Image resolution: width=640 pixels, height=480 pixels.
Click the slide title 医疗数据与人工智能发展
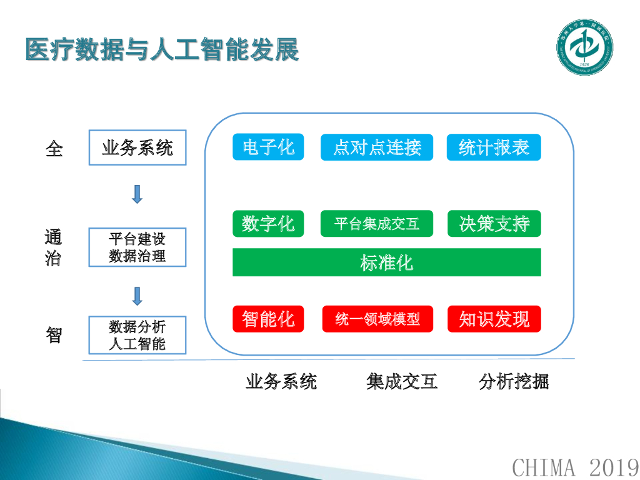click(162, 50)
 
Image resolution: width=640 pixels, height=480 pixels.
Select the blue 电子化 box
click(268, 147)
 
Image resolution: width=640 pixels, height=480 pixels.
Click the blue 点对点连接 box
click(377, 147)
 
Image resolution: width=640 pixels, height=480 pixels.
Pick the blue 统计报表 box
click(494, 147)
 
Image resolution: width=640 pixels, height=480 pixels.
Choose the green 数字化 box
click(268, 224)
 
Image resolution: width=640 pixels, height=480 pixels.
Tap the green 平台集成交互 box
click(377, 224)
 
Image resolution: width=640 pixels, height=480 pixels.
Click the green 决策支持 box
click(494, 224)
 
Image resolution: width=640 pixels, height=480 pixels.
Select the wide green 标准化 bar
click(386, 262)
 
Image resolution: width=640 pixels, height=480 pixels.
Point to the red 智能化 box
click(268, 319)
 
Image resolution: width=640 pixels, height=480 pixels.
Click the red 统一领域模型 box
click(377, 319)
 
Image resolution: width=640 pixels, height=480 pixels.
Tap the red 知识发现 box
click(494, 319)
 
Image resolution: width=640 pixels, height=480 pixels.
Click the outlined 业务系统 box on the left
click(137, 148)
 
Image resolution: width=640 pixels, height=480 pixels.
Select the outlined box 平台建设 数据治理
click(137, 247)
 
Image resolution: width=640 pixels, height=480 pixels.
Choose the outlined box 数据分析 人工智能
click(137, 336)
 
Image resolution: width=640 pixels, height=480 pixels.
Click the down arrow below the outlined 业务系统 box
click(137, 194)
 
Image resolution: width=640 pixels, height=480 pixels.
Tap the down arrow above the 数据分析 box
click(137, 296)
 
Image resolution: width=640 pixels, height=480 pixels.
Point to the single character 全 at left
click(54, 149)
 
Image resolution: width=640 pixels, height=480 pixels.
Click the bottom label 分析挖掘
click(514, 381)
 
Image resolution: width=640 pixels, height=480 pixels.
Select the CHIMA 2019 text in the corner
click(575, 466)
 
